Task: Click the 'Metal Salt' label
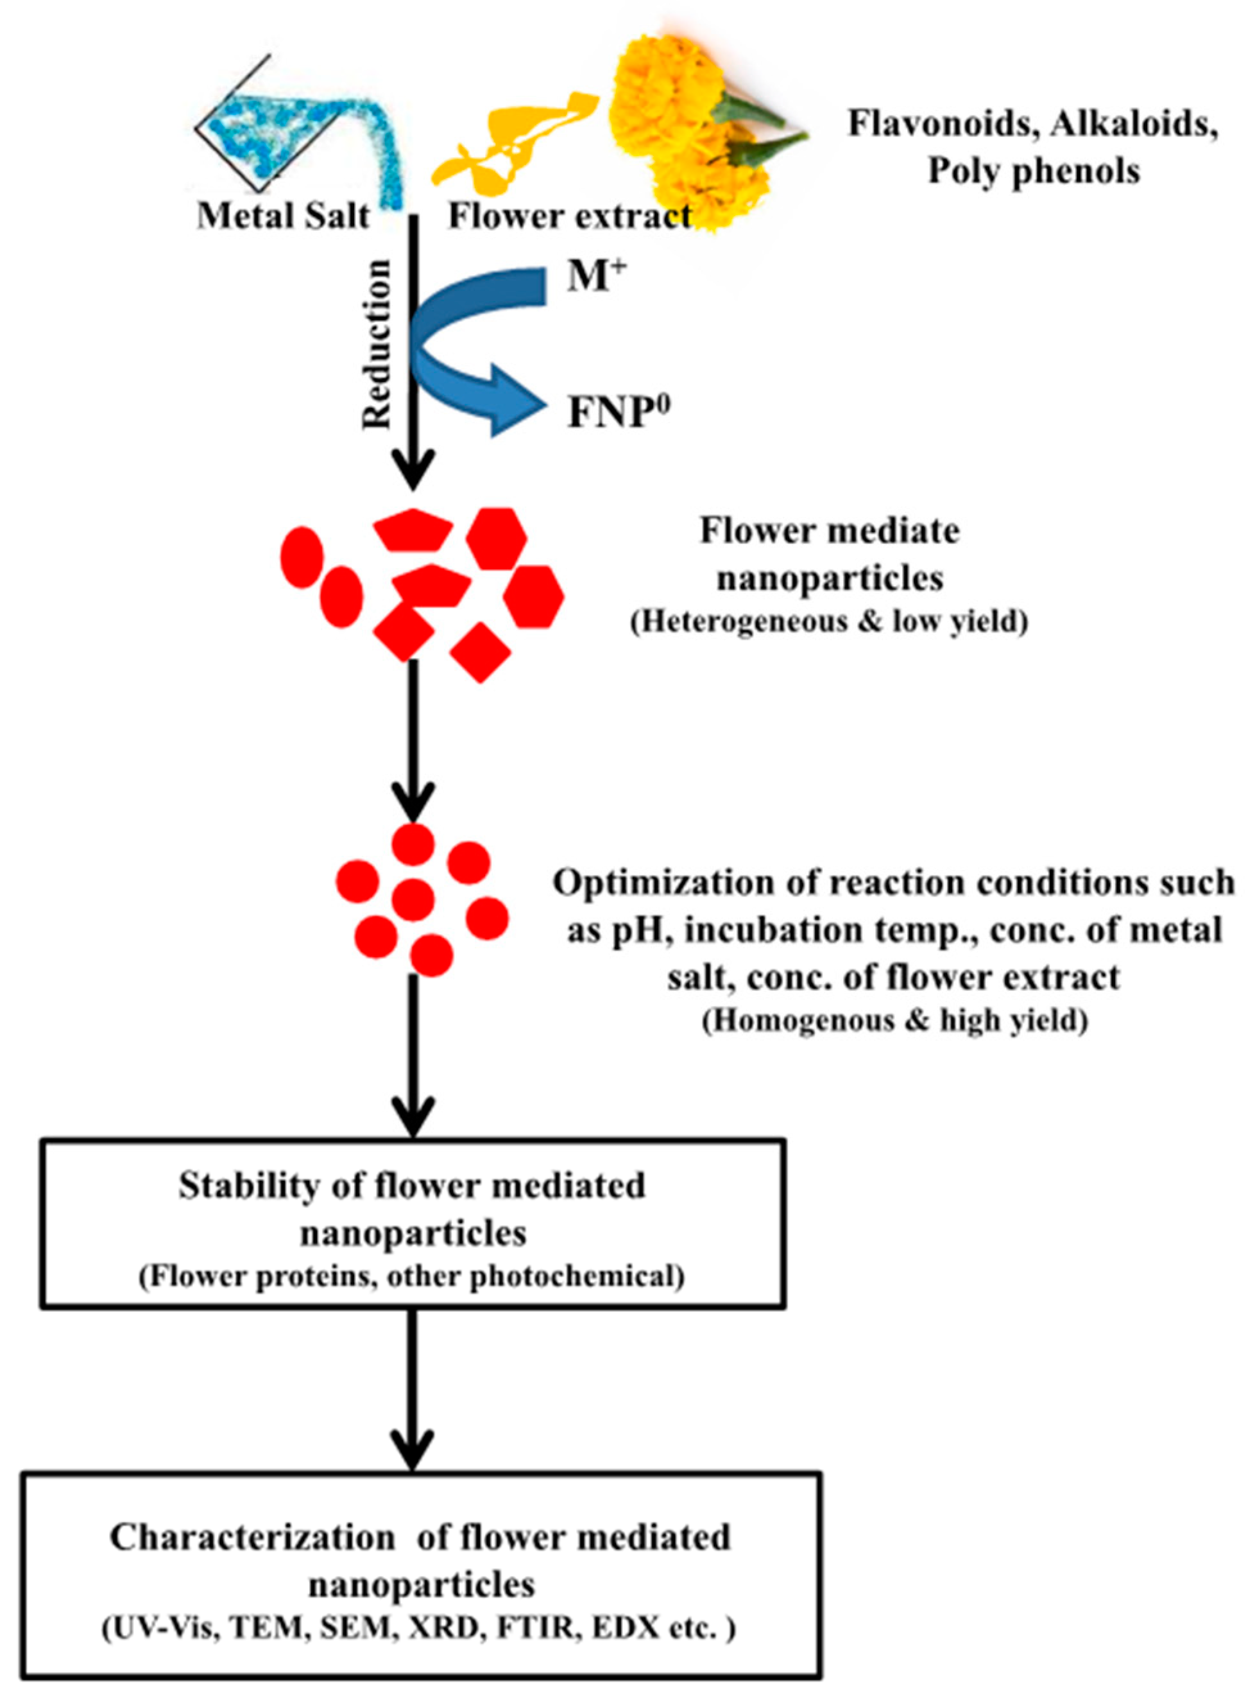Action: [x=284, y=217]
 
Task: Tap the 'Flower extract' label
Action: [x=570, y=217]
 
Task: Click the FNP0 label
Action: [x=619, y=413]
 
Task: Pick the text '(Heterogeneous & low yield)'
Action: [x=830, y=623]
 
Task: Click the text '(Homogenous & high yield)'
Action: [x=895, y=1022]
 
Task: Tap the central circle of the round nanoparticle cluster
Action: [x=413, y=900]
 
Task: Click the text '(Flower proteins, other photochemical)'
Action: [x=412, y=1277]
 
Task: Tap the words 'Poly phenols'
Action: [x=1033, y=171]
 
